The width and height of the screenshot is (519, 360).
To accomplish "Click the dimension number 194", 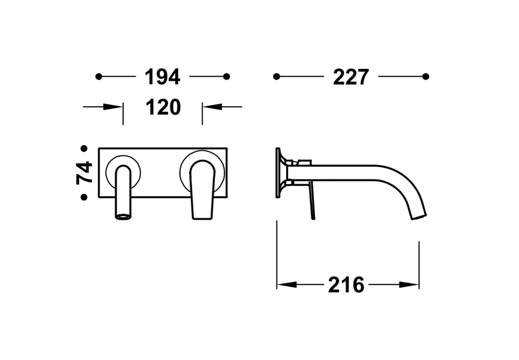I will click(x=163, y=76).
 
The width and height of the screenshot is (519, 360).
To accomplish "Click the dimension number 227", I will click(x=350, y=76).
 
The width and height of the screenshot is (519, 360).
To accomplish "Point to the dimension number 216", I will click(x=346, y=284).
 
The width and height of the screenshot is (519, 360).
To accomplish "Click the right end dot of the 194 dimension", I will click(x=226, y=76).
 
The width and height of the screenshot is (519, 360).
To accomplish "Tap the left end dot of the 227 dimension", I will click(x=277, y=76).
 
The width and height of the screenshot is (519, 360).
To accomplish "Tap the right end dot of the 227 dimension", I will click(x=425, y=76).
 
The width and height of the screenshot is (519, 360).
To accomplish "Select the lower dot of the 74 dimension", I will click(x=85, y=197).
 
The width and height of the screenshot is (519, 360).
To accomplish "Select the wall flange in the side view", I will click(x=280, y=173).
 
